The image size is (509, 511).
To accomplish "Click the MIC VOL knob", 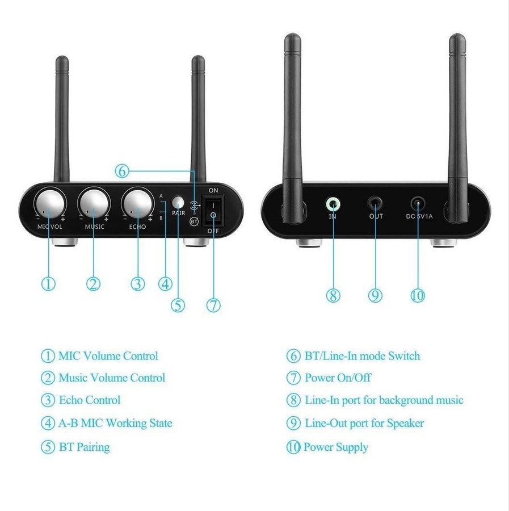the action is point(49,204).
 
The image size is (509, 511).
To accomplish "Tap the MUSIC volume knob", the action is point(94,204).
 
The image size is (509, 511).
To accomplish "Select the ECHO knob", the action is point(138,204).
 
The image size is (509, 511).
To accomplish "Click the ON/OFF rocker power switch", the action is point(213,210).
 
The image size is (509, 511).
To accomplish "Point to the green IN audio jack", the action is point(333,204).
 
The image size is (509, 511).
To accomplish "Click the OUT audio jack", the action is point(375,204).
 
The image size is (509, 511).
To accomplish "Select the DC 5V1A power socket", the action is point(418,204).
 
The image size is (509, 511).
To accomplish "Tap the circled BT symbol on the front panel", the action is point(194,221).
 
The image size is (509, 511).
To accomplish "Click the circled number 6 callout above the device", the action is point(122,171).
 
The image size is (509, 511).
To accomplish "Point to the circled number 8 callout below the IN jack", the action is point(333,295).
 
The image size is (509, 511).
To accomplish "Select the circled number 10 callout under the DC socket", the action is point(418,295).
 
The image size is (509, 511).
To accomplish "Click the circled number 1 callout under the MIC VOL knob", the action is point(48,283).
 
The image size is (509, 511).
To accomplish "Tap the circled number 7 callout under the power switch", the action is point(213,305).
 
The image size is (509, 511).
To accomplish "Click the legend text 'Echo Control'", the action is point(90,400).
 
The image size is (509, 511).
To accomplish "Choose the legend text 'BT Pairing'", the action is point(85,447).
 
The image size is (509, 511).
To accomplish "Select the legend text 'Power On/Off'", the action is point(338,378).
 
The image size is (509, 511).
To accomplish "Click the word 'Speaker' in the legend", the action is point(406,424).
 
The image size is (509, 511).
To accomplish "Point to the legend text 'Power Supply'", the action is point(336,447).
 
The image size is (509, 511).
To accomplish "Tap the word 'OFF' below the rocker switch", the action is point(213,231).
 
